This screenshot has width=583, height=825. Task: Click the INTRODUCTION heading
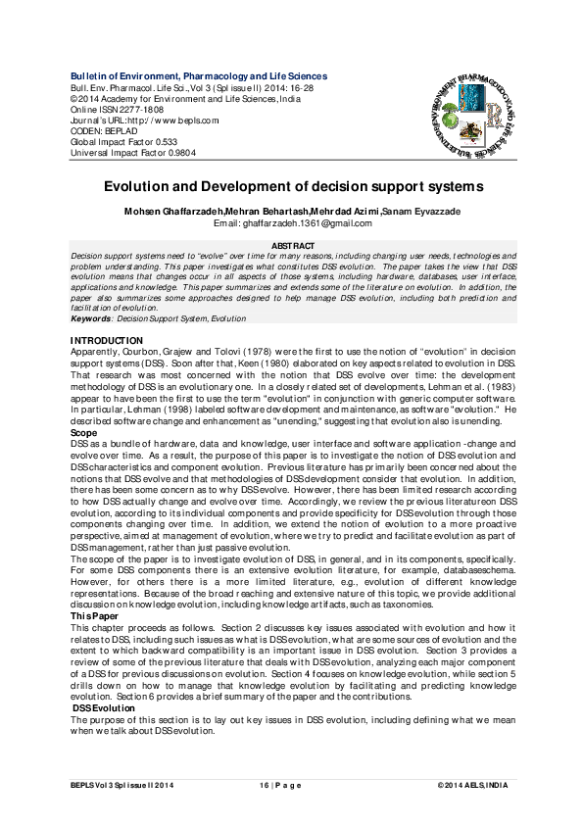[x=107, y=340]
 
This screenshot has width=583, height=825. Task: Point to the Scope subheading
[x=84, y=432]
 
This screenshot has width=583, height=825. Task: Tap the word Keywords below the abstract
[x=90, y=319]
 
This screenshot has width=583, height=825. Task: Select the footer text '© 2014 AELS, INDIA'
[x=474, y=786]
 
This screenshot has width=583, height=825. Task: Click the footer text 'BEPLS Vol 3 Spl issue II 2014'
[x=122, y=786]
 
